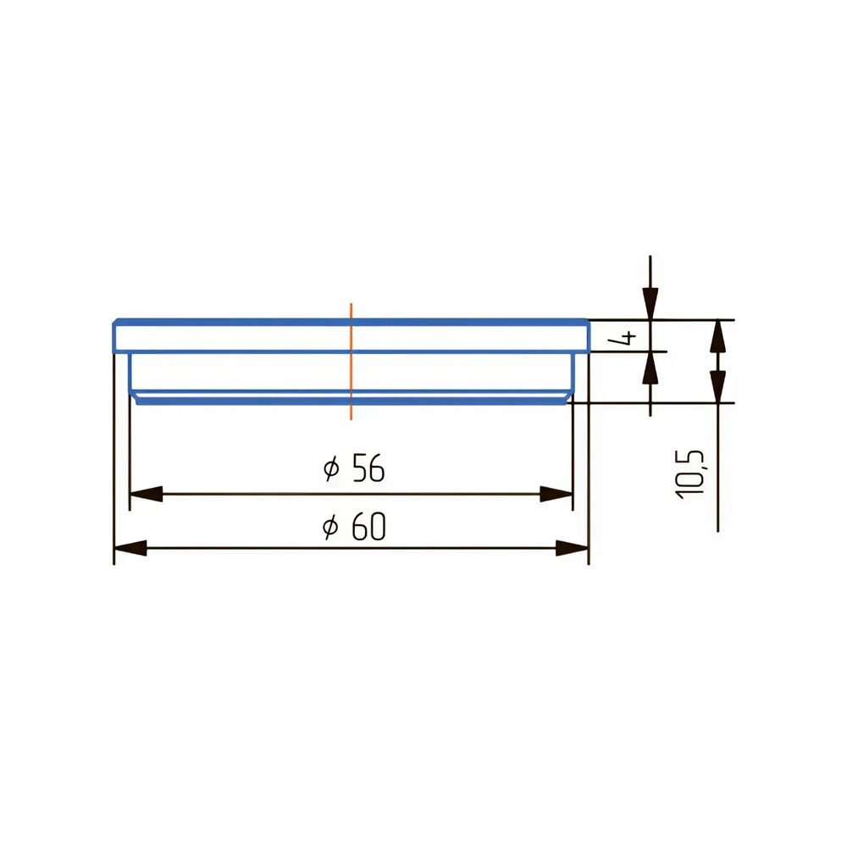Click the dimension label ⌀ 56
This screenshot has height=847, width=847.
point(354,468)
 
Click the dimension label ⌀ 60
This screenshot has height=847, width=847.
point(354,526)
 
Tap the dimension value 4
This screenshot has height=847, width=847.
point(623,338)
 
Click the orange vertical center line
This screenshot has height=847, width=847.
point(352,362)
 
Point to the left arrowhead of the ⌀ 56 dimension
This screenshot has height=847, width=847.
point(147,494)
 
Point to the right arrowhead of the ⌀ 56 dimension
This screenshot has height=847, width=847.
point(556,494)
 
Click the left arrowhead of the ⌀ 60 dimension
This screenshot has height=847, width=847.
point(130,548)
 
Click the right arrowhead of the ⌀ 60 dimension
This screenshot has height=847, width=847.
point(573,548)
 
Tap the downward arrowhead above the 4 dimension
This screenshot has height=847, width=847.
point(650,303)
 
